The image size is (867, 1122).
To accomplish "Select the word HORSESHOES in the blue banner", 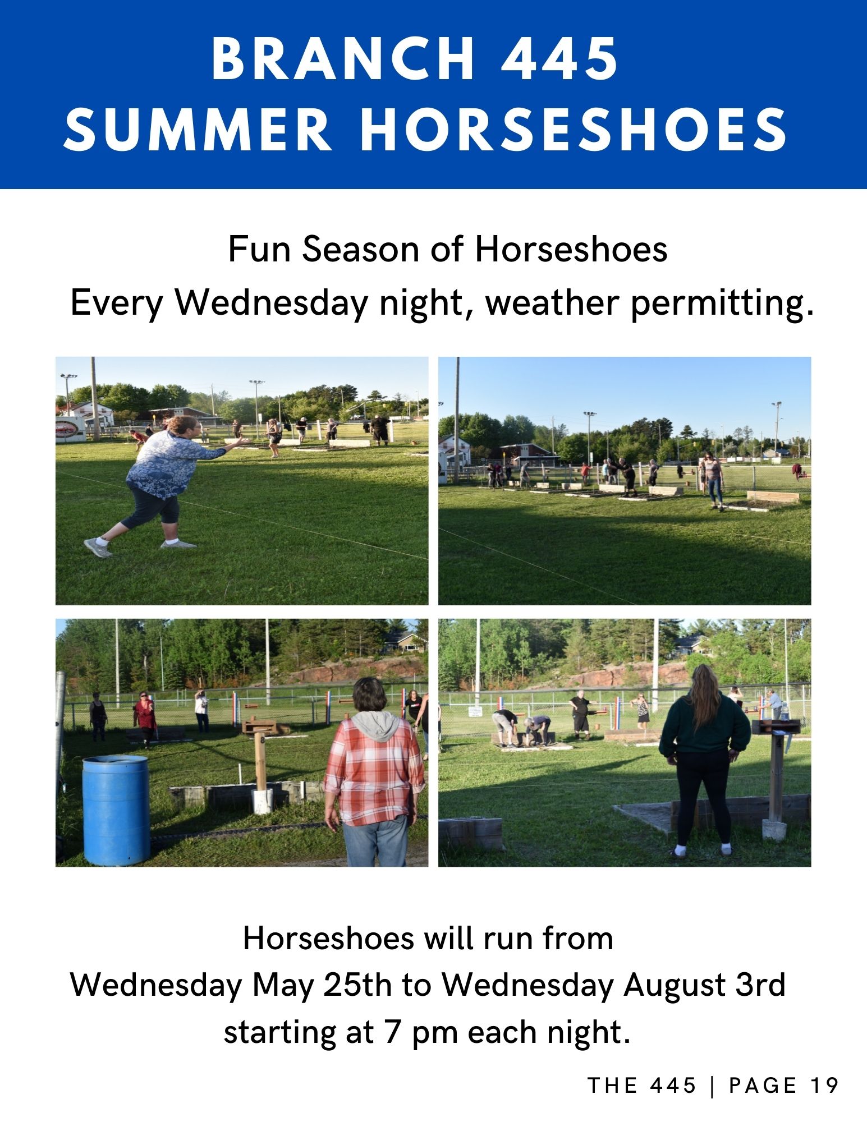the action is (573, 130).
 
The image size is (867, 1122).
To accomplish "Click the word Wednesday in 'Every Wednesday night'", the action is (270, 304).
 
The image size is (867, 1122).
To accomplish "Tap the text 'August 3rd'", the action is (704, 985).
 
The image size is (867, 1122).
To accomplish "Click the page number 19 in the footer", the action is (824, 1086).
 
